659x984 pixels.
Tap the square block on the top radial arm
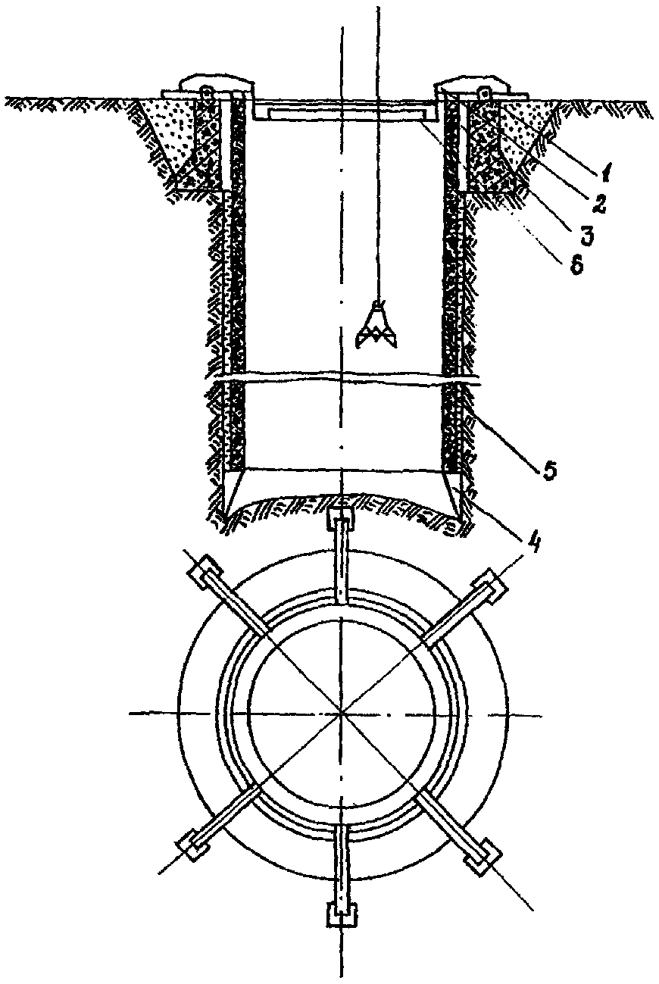[342, 520]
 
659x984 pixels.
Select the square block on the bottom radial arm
[342, 915]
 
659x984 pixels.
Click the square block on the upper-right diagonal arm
[489, 589]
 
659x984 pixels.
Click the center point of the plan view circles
[342, 713]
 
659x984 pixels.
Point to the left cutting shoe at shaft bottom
[232, 492]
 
